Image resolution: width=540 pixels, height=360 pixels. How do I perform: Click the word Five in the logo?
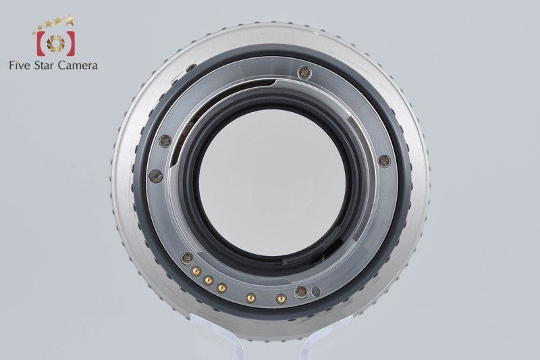20,65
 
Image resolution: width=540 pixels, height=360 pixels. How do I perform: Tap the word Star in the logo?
44,65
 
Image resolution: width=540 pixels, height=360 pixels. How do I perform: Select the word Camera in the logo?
78,65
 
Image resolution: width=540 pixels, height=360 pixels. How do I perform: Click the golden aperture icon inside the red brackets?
56,44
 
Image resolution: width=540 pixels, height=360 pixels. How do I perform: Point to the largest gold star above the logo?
70,20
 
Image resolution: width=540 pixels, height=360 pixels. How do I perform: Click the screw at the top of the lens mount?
304,73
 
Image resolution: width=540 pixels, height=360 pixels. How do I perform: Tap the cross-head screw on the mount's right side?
384,161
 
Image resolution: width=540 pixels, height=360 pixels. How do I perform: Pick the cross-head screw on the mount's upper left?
165,141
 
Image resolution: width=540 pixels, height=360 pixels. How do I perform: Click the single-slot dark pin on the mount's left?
156,176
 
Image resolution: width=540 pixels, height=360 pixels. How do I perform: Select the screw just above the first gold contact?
187,259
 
